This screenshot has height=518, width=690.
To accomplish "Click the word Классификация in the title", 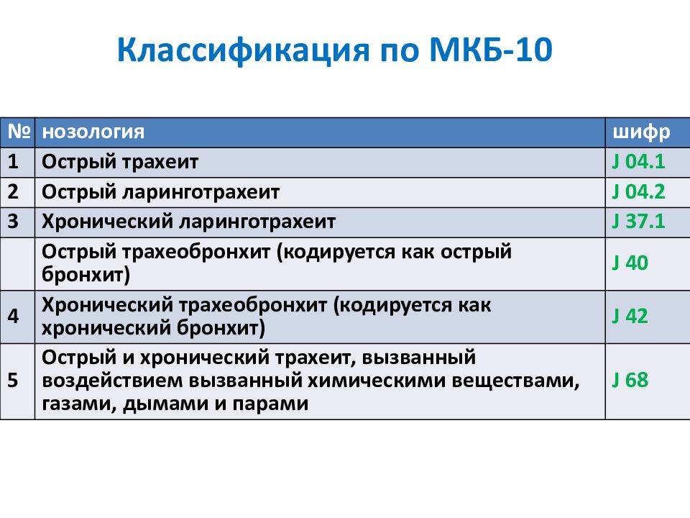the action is (244, 50).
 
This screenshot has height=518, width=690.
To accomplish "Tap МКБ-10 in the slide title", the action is (491, 50).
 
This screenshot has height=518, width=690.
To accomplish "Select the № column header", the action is (19, 131).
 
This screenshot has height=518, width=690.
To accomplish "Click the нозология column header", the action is (93, 132).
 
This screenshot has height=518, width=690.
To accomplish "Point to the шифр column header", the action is (641, 132).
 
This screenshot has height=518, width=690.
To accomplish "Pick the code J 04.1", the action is (638, 162).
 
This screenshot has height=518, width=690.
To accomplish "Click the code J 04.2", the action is (638, 191).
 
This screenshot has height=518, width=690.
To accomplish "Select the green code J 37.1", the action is (638, 221).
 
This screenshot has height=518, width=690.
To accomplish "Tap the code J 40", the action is (630, 263).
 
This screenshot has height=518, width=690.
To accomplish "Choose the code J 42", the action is (630, 317).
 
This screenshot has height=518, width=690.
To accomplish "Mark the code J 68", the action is (630, 380).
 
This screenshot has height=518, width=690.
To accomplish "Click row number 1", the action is (13, 162).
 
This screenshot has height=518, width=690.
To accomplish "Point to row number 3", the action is (13, 221).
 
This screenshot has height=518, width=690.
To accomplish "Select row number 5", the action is (13, 380).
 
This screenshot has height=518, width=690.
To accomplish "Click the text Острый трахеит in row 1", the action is (120, 163).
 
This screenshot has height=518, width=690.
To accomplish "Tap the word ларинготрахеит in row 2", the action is (201, 193).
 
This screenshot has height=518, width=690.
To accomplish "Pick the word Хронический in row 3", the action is (106, 222).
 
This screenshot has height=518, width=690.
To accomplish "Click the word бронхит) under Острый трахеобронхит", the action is (86, 275).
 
